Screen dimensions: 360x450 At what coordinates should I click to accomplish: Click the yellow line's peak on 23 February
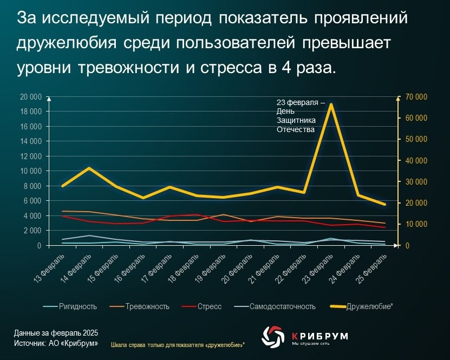point(331,104)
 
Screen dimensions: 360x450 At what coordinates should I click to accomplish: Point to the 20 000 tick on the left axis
point(30,97)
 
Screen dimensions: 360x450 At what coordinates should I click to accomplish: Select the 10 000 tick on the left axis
point(30,171)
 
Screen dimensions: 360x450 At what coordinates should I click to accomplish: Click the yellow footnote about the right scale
point(178,344)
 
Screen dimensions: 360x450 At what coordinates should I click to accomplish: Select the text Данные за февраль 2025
point(52,333)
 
